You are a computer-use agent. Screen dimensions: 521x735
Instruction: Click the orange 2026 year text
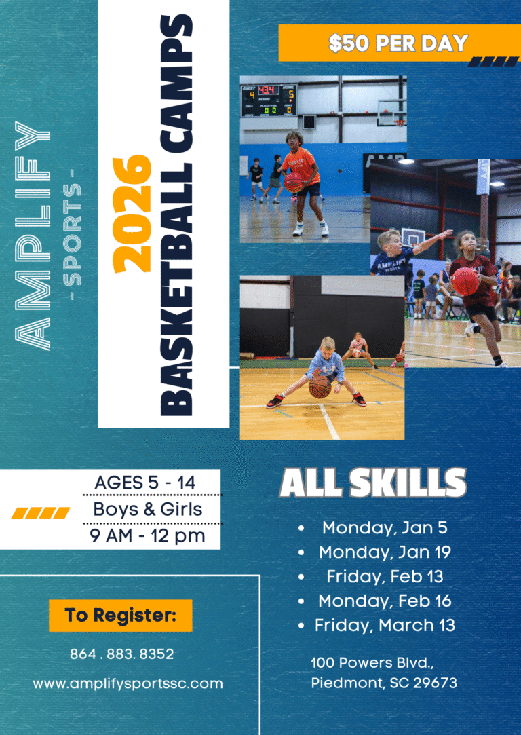(x=132, y=214)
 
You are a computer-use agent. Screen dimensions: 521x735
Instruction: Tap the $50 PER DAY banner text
(x=398, y=43)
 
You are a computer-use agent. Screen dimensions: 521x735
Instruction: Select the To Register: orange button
(x=120, y=615)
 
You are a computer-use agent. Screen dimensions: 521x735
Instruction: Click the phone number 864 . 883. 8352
(x=122, y=654)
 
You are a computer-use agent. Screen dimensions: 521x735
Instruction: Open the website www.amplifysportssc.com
(x=128, y=683)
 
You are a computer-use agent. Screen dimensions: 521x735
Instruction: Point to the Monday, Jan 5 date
(x=385, y=528)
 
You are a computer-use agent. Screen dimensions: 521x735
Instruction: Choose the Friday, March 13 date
(x=385, y=625)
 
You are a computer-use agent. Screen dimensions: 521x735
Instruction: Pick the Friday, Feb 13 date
(x=385, y=576)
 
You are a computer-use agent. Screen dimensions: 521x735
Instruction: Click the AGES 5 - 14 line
(x=144, y=483)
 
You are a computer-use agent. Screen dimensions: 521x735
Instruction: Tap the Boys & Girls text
(x=148, y=508)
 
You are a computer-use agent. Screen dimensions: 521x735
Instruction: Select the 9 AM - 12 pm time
(x=148, y=535)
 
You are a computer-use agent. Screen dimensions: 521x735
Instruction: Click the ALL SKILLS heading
(x=373, y=483)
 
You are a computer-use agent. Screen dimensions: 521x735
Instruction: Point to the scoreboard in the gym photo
(x=269, y=100)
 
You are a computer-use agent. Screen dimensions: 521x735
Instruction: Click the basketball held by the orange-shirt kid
(x=294, y=183)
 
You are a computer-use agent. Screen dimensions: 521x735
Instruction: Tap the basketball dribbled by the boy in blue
(x=320, y=388)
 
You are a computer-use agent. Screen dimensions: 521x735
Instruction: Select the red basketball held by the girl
(x=465, y=281)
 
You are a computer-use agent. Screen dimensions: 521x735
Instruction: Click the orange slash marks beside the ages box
(x=40, y=513)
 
